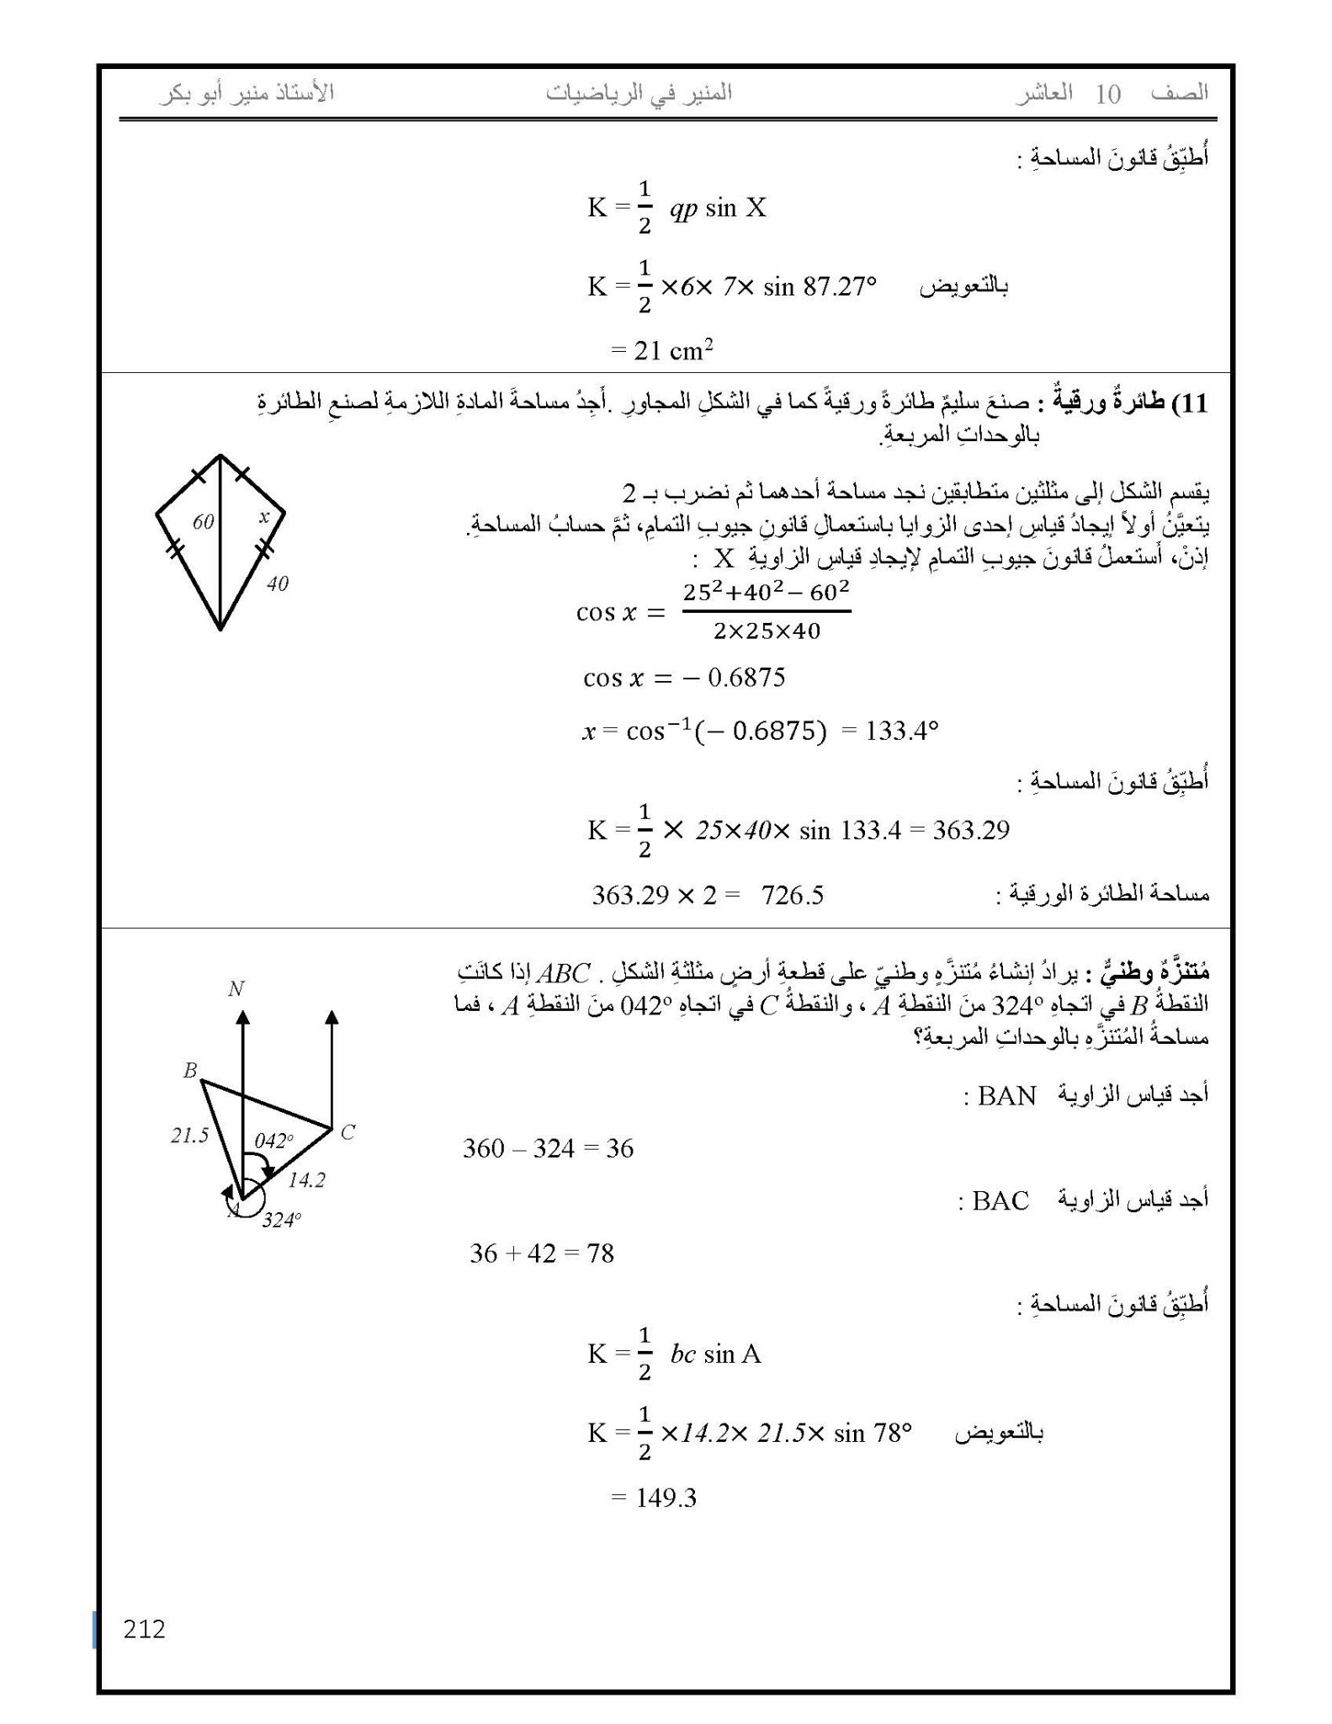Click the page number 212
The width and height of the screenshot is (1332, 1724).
point(144,1629)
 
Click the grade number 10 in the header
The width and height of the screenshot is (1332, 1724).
point(1107,94)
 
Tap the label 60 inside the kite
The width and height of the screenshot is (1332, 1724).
point(204,522)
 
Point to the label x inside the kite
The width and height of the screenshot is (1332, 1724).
point(263,517)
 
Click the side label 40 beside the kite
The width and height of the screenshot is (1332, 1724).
point(278,583)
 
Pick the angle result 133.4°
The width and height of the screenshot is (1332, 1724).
point(901,730)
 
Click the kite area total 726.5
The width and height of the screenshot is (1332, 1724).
point(792,895)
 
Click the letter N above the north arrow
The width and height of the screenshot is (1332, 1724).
point(236,989)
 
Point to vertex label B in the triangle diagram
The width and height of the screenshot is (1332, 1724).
point(190,1071)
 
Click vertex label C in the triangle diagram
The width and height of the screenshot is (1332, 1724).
point(348,1133)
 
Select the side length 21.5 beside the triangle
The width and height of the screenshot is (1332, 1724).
point(189,1136)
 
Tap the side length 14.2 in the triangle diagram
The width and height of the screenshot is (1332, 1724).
point(306,1180)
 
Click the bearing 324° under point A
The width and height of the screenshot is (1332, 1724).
point(281,1220)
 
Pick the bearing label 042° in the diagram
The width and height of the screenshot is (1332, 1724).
point(273,1141)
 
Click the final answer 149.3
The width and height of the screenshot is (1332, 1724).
point(666,1498)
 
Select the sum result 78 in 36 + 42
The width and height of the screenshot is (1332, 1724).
point(601,1253)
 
